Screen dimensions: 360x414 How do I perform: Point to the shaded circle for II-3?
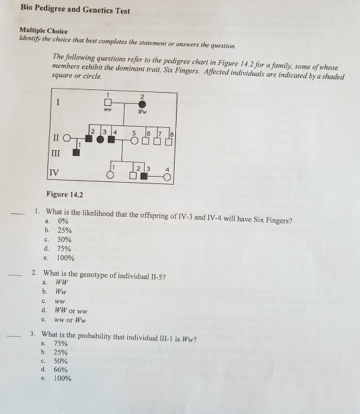tap(101, 140)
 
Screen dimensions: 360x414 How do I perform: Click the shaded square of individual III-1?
tap(76, 152)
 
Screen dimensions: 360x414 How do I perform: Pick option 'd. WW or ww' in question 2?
tap(64, 309)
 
